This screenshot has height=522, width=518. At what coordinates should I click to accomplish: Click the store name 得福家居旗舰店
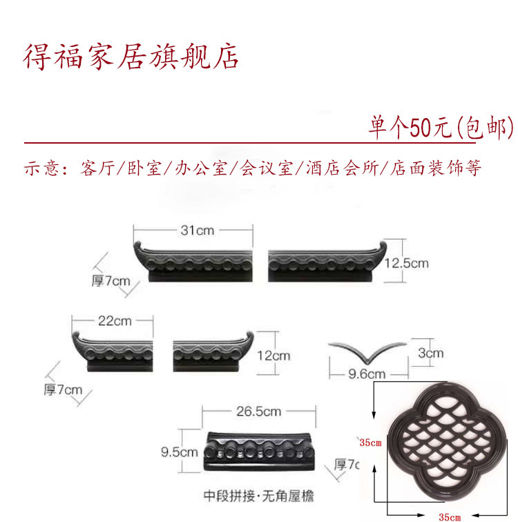[x=131, y=57]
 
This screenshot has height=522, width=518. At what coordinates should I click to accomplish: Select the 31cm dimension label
[x=197, y=231]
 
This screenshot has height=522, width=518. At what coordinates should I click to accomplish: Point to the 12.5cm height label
[x=406, y=263]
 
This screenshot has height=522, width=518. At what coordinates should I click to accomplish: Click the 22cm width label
[x=115, y=320]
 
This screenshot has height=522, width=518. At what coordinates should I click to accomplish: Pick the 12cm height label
[x=272, y=356]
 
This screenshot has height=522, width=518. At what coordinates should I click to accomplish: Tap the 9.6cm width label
[x=367, y=374]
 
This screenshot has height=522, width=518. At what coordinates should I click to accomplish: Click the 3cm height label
[x=430, y=353]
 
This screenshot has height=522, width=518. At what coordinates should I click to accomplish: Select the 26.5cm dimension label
[x=259, y=412]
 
